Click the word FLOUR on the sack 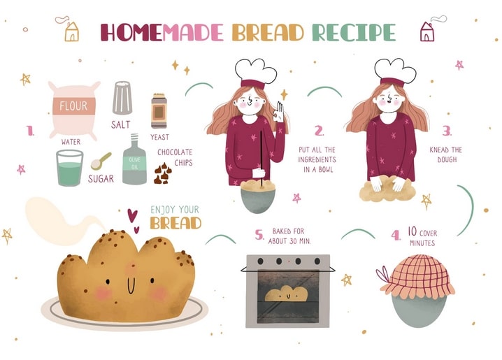[x=73, y=106]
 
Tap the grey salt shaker [x=122, y=98]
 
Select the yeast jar [x=159, y=110]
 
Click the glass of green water [x=70, y=168]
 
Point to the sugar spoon [x=101, y=161]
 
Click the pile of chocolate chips [x=163, y=173]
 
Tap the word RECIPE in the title [x=354, y=32]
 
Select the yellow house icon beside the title [x=71, y=31]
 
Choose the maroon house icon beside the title [x=427, y=31]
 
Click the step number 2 [x=319, y=131]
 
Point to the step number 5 [x=259, y=235]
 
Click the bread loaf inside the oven [x=287, y=294]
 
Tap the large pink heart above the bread [x=132, y=215]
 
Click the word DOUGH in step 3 [x=447, y=159]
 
